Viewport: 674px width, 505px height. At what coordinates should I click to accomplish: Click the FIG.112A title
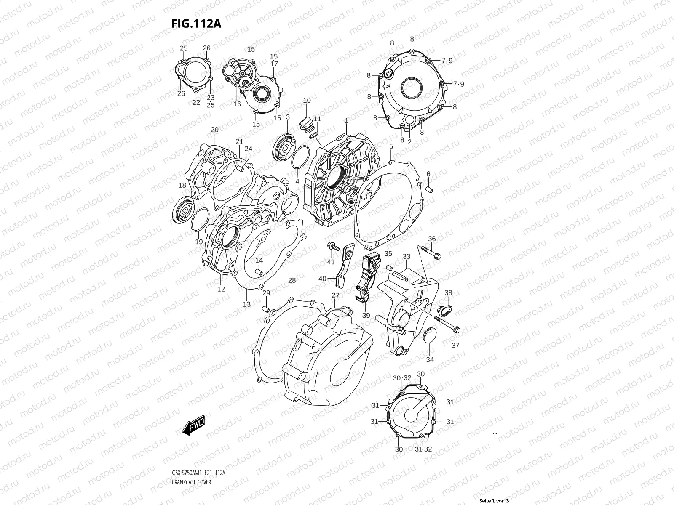(x=196, y=24)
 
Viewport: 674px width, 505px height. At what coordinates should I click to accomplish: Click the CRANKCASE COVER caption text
(x=191, y=459)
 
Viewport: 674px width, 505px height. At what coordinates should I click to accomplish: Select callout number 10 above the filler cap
(x=307, y=101)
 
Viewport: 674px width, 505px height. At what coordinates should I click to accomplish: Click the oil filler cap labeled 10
(x=305, y=124)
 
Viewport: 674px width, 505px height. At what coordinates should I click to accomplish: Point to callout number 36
(x=432, y=239)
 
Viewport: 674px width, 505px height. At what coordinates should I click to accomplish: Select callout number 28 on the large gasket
(x=292, y=280)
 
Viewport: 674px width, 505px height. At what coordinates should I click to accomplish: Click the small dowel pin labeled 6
(x=429, y=189)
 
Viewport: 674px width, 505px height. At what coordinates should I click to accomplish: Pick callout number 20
(x=214, y=130)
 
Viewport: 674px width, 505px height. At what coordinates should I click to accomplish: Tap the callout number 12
(x=221, y=289)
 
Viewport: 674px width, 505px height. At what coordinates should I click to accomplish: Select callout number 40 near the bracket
(x=322, y=279)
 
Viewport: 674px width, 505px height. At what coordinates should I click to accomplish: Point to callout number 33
(x=406, y=256)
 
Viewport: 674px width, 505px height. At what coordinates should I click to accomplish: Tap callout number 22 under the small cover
(x=196, y=102)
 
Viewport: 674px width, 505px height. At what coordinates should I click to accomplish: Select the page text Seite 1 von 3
(x=494, y=501)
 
